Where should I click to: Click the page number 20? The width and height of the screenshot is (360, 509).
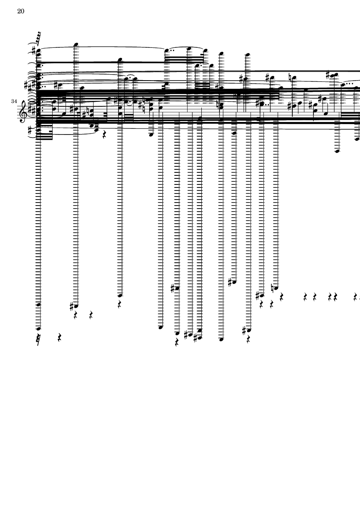pyautogui.click(x=20, y=11)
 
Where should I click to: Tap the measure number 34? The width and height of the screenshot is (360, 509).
pyautogui.click(x=14, y=101)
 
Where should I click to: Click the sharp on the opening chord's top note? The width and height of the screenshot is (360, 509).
pyautogui.click(x=34, y=50)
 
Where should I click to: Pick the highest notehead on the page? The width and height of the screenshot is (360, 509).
pyautogui.click(x=76, y=44)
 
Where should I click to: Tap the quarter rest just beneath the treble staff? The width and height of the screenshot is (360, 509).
pyautogui.click(x=104, y=135)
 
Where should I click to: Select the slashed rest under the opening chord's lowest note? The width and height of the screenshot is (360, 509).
pyautogui.click(x=39, y=339)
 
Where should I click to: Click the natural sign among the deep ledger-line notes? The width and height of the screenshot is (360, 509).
pyautogui.click(x=272, y=287)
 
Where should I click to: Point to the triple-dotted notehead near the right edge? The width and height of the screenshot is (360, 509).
pyautogui.click(x=344, y=85)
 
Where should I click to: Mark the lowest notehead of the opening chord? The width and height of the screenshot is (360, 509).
pyautogui.click(x=39, y=328)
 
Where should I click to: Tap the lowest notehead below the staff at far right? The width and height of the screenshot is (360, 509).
pyautogui.click(x=337, y=151)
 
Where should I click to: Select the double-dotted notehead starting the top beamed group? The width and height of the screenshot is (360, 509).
pyautogui.click(x=167, y=50)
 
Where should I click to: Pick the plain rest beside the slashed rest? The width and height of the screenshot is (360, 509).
pyautogui.click(x=60, y=337)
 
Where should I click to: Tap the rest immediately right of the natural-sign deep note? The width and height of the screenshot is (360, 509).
pyautogui.click(x=281, y=297)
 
